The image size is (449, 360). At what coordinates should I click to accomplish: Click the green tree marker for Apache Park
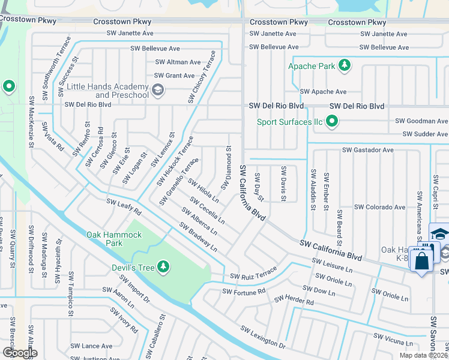(345, 65)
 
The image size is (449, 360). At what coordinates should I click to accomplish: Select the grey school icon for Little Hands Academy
(158, 91)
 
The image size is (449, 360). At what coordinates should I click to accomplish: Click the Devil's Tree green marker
(163, 266)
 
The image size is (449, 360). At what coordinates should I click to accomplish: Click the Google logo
(20, 353)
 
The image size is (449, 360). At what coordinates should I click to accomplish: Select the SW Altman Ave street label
(178, 62)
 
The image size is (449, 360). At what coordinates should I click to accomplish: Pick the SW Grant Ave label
(174, 76)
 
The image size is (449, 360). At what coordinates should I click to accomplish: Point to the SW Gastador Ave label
(367, 149)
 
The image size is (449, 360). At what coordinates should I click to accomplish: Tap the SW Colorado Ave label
(379, 207)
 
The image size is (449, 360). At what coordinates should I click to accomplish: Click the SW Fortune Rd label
(243, 292)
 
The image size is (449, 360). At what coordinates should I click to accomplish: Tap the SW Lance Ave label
(91, 346)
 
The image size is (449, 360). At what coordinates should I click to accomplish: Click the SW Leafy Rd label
(124, 207)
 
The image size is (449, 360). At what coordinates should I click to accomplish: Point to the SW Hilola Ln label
(203, 190)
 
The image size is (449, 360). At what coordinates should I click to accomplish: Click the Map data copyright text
(423, 355)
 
